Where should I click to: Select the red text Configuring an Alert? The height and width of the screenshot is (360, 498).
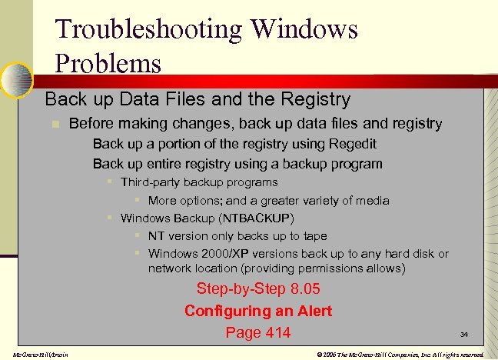(258, 311)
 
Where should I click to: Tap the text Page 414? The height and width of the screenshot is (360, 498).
(258, 332)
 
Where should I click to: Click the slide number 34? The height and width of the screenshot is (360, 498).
(464, 335)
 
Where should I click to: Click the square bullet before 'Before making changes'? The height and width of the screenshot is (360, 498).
(54, 124)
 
